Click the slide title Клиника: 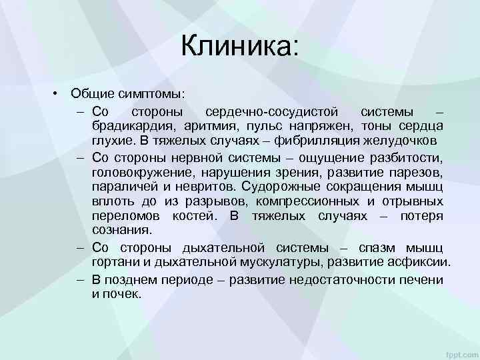[241, 46]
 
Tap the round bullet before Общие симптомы [58, 93]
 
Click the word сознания [122, 231]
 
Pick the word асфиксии [420, 263]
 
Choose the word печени [423, 279]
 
